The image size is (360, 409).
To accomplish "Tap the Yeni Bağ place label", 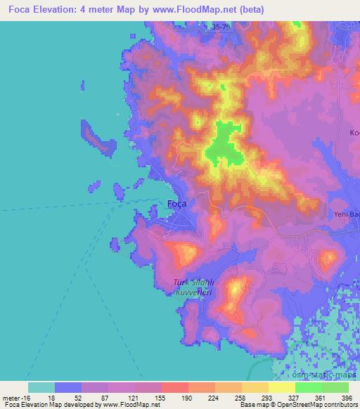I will (x=345, y=216).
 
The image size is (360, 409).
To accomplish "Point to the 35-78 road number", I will (x=220, y=27).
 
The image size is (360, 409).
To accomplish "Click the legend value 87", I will (x=103, y=396).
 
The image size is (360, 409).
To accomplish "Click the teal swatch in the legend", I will (x=41, y=387).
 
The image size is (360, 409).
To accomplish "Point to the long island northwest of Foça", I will (x=98, y=139).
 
